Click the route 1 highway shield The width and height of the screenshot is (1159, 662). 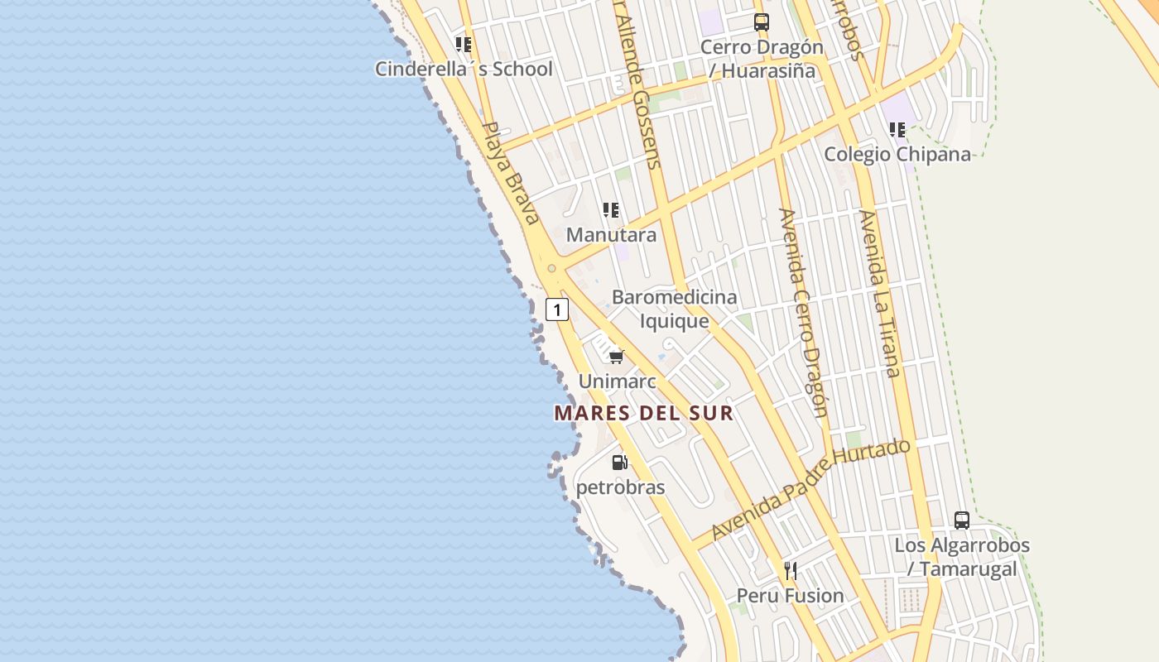pyautogui.click(x=557, y=310)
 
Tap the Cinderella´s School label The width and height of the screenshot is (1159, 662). pyautogui.click(x=464, y=69)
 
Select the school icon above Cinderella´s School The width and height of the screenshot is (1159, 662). pyautogui.click(x=464, y=44)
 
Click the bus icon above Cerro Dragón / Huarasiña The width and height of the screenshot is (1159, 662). pyautogui.click(x=762, y=22)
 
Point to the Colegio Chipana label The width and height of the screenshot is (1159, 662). pyautogui.click(x=897, y=154)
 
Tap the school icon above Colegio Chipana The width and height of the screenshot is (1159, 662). pyautogui.click(x=897, y=130)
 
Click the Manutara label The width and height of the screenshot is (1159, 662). pyautogui.click(x=611, y=234)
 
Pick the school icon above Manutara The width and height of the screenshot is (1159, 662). pyautogui.click(x=611, y=210)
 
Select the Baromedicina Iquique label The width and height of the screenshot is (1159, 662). pyautogui.click(x=674, y=309)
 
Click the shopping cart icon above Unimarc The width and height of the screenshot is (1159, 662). pyautogui.click(x=616, y=357)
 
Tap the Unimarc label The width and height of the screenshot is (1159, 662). pyautogui.click(x=617, y=381)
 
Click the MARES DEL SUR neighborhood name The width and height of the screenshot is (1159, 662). pyautogui.click(x=644, y=413)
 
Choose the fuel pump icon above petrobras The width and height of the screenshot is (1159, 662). pyautogui.click(x=619, y=463)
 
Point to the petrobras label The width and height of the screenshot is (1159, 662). pyautogui.click(x=620, y=487)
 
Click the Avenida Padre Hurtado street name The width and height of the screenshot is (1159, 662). pyautogui.click(x=811, y=489)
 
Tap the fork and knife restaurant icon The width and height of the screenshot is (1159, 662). pyautogui.click(x=791, y=570)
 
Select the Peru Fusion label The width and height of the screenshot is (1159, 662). pyautogui.click(x=790, y=596)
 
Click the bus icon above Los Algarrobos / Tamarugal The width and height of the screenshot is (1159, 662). pyautogui.click(x=962, y=520)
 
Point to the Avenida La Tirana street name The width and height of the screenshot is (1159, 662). pyautogui.click(x=879, y=294)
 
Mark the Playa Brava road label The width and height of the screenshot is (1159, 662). pyautogui.click(x=510, y=173)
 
